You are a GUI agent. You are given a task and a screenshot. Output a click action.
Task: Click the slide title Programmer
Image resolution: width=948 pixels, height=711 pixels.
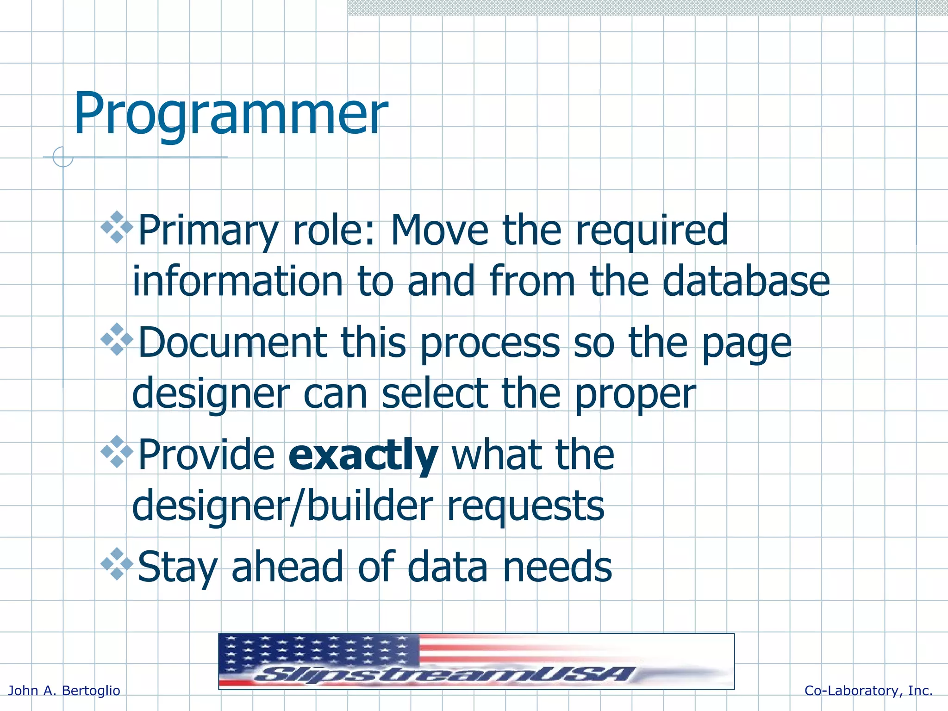point(230,114)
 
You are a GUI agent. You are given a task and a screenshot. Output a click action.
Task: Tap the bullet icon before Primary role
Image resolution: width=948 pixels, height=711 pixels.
point(117,227)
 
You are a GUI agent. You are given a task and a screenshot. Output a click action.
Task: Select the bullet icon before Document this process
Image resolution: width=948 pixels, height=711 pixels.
point(117,339)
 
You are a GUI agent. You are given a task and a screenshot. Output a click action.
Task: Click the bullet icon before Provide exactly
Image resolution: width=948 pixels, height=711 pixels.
point(117,452)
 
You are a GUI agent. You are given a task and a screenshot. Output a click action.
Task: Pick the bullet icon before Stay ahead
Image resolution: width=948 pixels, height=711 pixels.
point(117,564)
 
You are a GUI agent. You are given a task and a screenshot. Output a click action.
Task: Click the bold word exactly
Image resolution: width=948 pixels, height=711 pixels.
point(363,455)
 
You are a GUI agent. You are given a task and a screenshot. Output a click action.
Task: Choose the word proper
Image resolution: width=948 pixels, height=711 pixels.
point(635,395)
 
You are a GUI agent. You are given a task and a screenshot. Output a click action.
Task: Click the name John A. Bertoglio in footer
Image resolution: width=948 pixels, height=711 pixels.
point(64,691)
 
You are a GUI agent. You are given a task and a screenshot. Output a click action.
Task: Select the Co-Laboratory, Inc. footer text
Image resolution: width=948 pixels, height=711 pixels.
point(868,691)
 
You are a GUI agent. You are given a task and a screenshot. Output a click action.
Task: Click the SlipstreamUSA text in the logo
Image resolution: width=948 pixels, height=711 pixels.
point(444,674)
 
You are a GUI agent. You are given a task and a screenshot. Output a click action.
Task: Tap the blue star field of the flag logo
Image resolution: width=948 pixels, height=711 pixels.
point(319,650)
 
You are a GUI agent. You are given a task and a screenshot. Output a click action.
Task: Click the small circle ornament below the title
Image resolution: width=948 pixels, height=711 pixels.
point(63,157)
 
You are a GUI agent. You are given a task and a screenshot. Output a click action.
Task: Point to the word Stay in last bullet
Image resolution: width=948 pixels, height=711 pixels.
point(177,568)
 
